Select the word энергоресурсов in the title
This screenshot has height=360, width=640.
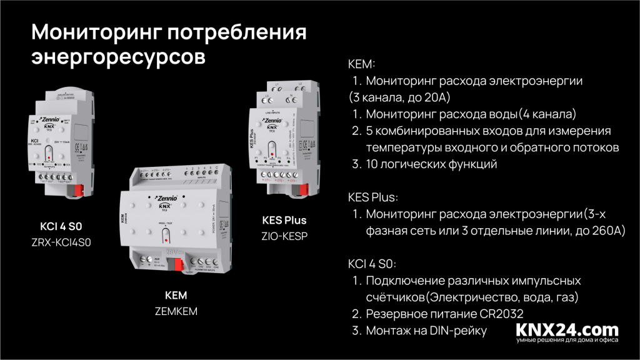click(x=118, y=56)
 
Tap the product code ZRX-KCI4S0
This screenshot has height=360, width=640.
click(x=61, y=242)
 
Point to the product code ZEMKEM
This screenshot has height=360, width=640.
click(x=175, y=310)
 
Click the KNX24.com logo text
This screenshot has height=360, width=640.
click(x=567, y=329)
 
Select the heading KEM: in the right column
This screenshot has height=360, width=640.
click(x=361, y=64)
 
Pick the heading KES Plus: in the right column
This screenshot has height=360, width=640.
click(x=372, y=198)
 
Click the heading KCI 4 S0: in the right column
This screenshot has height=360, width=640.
click(x=372, y=264)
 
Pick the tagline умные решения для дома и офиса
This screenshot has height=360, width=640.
click(x=567, y=341)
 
